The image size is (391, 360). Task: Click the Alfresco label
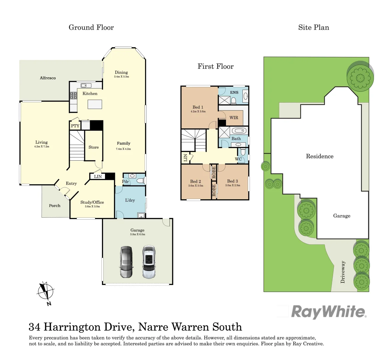click(x=48, y=78)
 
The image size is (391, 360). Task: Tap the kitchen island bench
click(x=95, y=104)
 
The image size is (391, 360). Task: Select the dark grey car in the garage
click(x=126, y=262)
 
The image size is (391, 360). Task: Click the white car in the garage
click(x=149, y=262)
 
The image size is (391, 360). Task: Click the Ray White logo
click(x=328, y=312)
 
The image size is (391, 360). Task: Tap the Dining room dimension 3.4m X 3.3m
click(x=121, y=77)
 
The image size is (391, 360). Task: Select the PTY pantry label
click(x=75, y=126)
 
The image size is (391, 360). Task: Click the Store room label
click(x=94, y=147)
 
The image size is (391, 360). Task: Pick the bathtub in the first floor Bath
click(x=238, y=131)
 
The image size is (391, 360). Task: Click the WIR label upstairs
click(x=234, y=118)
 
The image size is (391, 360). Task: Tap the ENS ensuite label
click(x=234, y=92)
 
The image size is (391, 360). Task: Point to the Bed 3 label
click(x=232, y=181)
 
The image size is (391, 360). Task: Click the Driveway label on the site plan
click(x=343, y=272)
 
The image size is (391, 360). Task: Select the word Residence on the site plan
click(x=319, y=156)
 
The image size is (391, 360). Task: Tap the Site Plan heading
click(x=313, y=28)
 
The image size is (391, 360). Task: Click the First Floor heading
click(x=215, y=66)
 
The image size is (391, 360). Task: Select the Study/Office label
click(x=92, y=202)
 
